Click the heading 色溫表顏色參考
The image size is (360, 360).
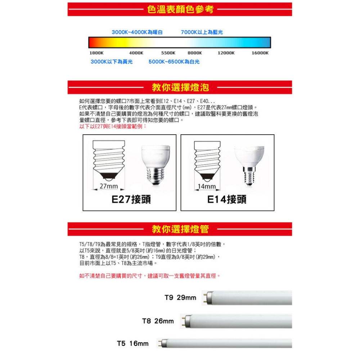pos(180,9)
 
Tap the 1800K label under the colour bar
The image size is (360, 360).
pos(96,53)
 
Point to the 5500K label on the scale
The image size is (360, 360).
pos(168,53)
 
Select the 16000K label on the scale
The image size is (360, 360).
pos(260,53)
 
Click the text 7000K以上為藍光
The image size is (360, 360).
pos(202,32)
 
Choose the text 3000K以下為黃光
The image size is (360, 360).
pos(112,62)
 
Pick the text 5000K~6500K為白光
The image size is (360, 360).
pos(174,62)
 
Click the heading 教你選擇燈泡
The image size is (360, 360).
pos(180,87)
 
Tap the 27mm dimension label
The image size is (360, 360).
pos(109,186)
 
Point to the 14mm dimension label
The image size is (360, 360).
pos(207,186)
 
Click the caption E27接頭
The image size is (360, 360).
pos(131,199)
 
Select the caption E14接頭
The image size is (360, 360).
pos(227,199)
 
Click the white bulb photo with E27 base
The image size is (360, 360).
pos(155,164)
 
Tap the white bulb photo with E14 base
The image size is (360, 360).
pos(249,164)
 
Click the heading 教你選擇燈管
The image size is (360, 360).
pos(180,229)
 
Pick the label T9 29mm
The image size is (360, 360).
pos(180,298)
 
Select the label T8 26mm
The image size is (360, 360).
pos(158,321)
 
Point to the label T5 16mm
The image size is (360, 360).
pos(133,343)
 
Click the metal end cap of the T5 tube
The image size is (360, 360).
pos(164,343)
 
